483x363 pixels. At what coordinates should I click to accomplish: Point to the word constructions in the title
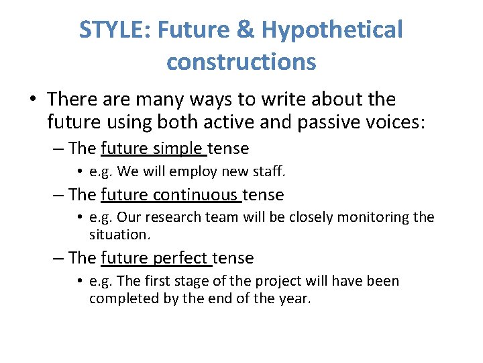241,62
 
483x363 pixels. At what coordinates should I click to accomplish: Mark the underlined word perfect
182,257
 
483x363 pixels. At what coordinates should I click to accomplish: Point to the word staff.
268,171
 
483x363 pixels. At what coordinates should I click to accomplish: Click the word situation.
117,235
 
